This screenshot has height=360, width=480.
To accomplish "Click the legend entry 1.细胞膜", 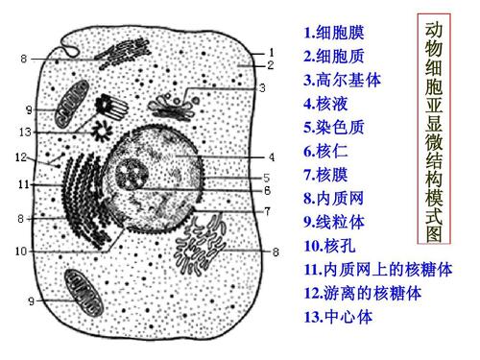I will pyautogui.click(x=334, y=34).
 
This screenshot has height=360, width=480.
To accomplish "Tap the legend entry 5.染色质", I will pyautogui.click(x=334, y=128).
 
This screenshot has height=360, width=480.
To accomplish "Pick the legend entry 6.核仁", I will pyautogui.click(x=326, y=152).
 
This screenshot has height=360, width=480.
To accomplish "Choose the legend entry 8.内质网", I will pyautogui.click(x=334, y=199).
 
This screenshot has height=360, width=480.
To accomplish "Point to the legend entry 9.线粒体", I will pyautogui.click(x=334, y=223).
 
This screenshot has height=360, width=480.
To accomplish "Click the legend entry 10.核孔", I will pyautogui.click(x=330, y=247).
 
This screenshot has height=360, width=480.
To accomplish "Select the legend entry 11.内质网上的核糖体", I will pyautogui.click(x=377, y=270).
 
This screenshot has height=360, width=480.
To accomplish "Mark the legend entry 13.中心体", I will pyautogui.click(x=338, y=317).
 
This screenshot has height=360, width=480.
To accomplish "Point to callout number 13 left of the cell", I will pyautogui.click(x=26, y=132).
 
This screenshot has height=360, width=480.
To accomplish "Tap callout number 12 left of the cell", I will pyautogui.click(x=21, y=156).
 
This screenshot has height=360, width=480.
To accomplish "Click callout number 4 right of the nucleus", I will pyautogui.click(x=272, y=156).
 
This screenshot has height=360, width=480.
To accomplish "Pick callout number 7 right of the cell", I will pyautogui.click(x=272, y=211).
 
